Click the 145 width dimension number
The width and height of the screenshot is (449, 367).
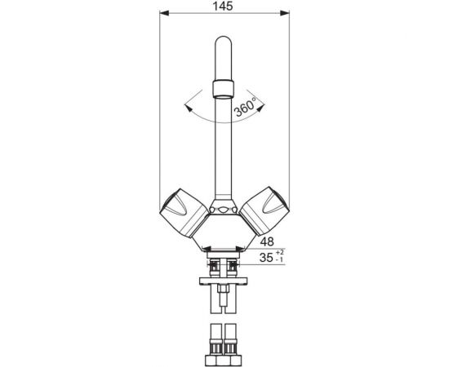click(223, 6)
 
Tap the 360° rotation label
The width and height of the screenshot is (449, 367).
click(246, 107)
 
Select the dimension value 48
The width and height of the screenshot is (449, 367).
click(267, 241)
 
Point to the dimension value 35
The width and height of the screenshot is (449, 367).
click(266, 258)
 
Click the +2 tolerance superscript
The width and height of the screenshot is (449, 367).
click(280, 252)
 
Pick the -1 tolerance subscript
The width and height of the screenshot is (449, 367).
click(279, 259)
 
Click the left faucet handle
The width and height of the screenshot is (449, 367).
click(184, 213)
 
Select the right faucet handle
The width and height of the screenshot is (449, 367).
click(265, 211)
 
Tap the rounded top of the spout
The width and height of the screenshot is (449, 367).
click(223, 42)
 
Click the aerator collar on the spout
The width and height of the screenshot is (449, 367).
click(223, 88)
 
